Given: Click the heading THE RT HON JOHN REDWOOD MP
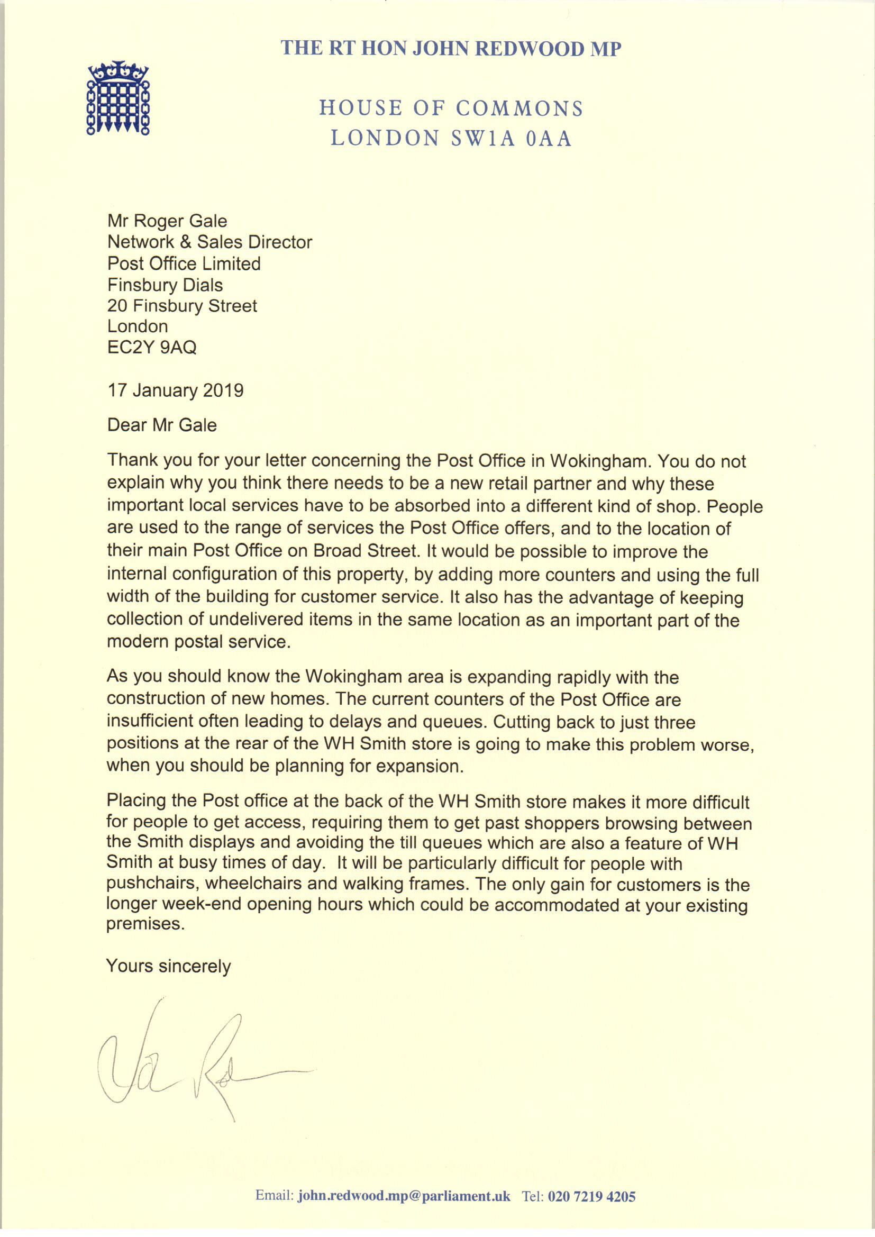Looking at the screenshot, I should [x=451, y=49].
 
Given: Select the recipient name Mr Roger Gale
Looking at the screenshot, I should [x=167, y=221].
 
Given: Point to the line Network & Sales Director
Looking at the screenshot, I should [x=209, y=242].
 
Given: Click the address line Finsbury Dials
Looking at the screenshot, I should [x=165, y=285].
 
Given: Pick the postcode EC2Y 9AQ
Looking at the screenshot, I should [x=152, y=348].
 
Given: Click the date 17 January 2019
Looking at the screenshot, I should [x=175, y=390].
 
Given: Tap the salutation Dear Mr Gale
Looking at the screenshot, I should [x=162, y=425].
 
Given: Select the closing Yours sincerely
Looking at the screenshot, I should [x=168, y=966].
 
